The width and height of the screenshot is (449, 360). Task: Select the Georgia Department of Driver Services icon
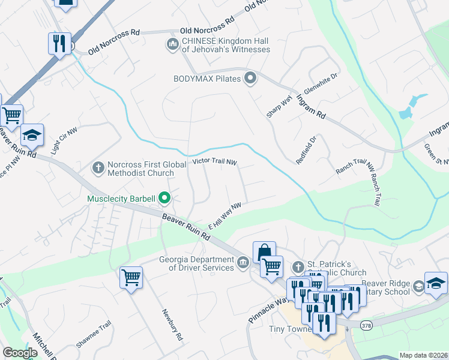(243, 263)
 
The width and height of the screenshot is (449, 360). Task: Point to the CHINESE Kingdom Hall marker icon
(173, 44)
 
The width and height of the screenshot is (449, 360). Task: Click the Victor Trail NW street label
(215, 162)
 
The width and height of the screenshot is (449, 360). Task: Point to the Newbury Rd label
(172, 325)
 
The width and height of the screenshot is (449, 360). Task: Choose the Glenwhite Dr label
(321, 83)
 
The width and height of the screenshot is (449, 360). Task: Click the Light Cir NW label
(65, 142)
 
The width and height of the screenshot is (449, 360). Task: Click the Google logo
(20, 353)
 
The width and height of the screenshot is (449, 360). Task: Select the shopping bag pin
(264, 251)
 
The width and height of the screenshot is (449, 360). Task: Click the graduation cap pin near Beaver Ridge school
(436, 282)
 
